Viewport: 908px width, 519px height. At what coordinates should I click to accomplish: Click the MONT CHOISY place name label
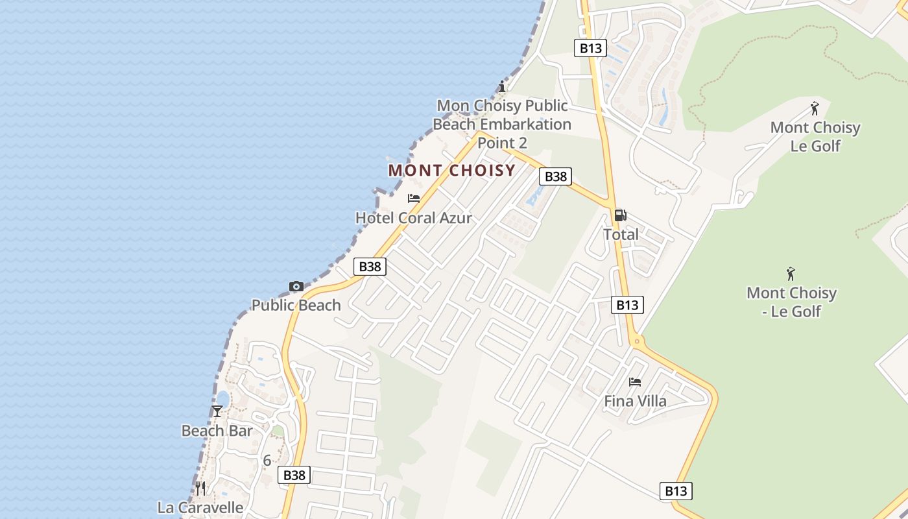tap(451, 171)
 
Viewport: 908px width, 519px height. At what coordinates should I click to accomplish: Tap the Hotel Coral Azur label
tap(414, 218)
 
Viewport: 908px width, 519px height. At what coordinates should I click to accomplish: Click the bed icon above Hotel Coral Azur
tap(414, 199)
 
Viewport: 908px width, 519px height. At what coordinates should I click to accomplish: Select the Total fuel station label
tap(621, 234)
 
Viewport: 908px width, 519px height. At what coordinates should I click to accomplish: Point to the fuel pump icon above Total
tap(620, 215)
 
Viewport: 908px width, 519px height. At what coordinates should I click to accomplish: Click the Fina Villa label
tap(635, 401)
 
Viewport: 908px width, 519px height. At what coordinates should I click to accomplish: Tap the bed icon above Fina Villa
tap(635, 382)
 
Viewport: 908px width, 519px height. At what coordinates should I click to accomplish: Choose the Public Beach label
tap(296, 305)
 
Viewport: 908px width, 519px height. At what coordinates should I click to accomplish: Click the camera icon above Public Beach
tap(296, 286)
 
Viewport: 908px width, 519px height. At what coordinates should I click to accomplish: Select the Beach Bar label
tap(217, 431)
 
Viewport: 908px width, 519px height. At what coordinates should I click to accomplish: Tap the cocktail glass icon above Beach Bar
tap(217, 411)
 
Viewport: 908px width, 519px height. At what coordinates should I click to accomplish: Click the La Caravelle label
tap(200, 507)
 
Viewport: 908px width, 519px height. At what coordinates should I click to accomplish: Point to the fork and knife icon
tap(200, 489)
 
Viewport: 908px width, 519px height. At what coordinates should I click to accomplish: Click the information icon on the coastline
tap(501, 87)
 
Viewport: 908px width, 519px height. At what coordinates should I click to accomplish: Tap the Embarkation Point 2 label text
tap(502, 124)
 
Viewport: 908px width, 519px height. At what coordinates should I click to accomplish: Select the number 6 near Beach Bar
tap(267, 461)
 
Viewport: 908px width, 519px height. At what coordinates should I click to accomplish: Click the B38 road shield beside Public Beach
tap(370, 267)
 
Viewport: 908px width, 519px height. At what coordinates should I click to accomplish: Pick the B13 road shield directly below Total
tap(627, 305)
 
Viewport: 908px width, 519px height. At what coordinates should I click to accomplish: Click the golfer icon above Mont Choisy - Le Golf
tap(791, 274)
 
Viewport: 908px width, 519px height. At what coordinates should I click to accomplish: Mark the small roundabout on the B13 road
tap(637, 341)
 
